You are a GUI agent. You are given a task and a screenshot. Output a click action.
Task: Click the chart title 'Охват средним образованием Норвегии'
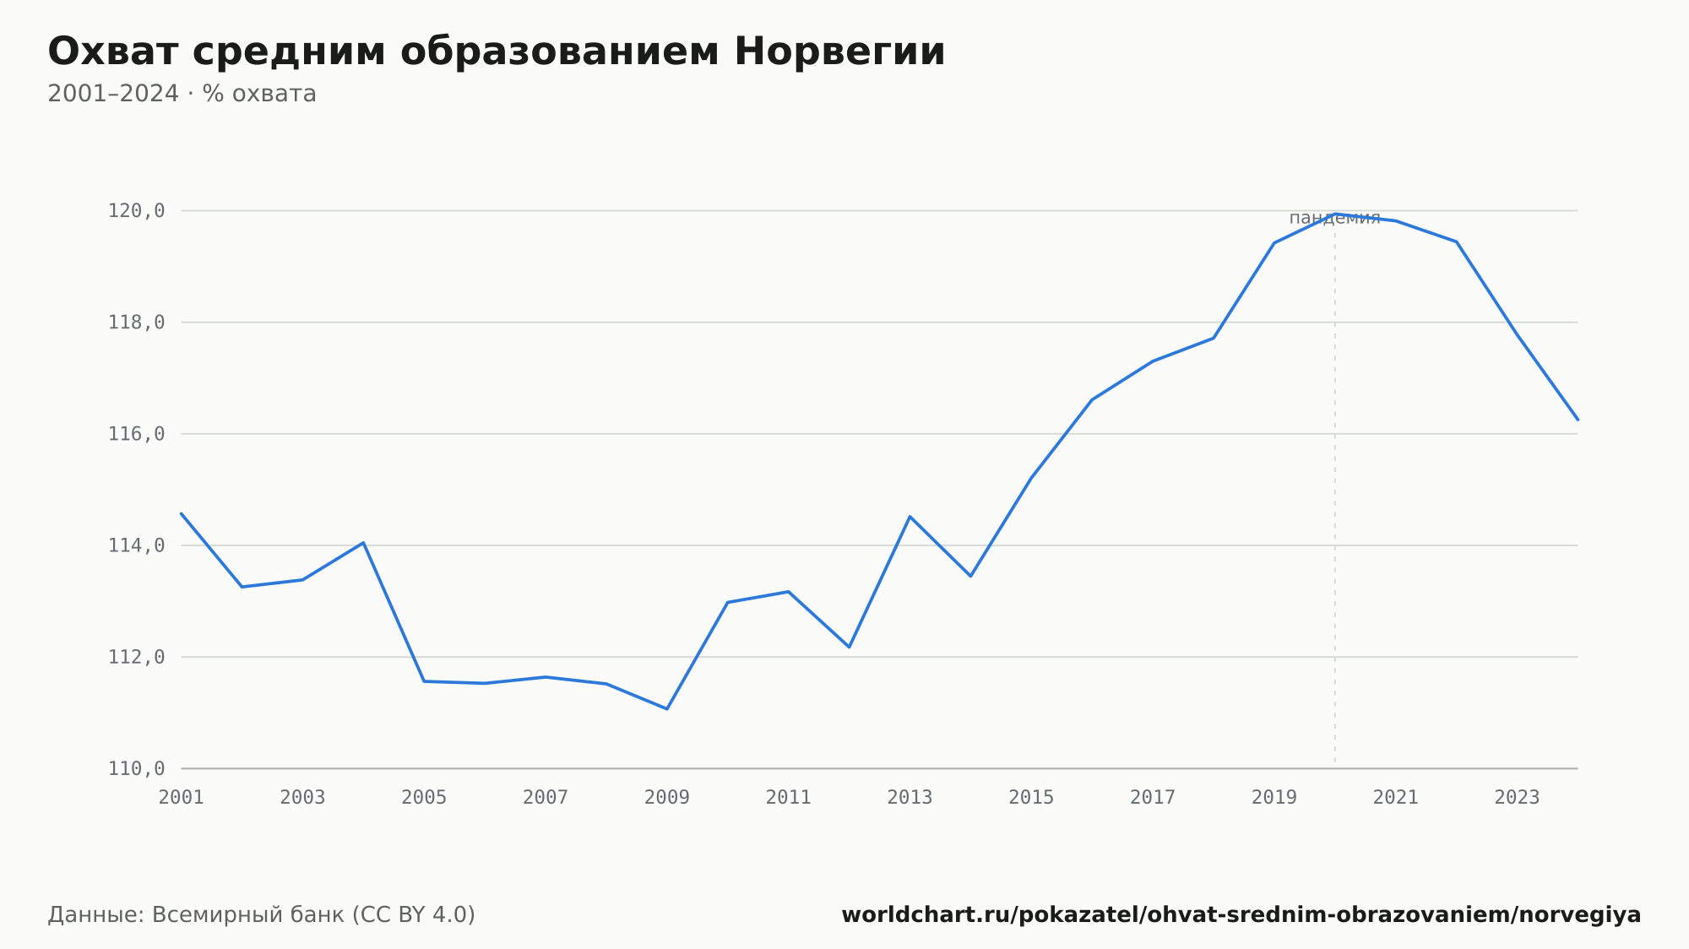[x=497, y=52]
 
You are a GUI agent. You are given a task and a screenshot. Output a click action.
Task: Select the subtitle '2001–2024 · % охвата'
[x=182, y=94]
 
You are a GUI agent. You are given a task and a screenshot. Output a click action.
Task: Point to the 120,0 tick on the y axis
[x=137, y=210]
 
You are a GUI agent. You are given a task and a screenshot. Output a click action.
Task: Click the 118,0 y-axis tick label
[x=137, y=323]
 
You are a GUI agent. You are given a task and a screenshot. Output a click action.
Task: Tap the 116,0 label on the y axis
[x=137, y=434]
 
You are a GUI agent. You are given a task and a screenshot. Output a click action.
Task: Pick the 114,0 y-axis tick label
[x=137, y=545]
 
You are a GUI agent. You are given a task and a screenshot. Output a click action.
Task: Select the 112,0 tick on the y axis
[x=137, y=657]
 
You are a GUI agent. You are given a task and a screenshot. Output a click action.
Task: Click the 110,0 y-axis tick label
[x=137, y=768]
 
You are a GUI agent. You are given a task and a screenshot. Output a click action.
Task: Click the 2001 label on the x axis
[x=182, y=798]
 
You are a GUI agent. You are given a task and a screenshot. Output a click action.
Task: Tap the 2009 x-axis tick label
[x=667, y=798]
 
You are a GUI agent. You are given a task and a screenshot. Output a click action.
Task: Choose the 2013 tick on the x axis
[x=910, y=798]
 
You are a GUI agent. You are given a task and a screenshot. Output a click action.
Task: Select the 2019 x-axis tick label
[x=1274, y=798]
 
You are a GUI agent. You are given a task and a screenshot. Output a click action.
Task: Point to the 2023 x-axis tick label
[x=1518, y=798]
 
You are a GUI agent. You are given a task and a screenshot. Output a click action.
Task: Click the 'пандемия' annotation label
[x=1334, y=219]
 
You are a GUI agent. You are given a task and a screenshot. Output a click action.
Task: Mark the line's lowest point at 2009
[x=667, y=708]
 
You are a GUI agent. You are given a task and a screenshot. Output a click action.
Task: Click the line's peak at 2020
[x=1335, y=214]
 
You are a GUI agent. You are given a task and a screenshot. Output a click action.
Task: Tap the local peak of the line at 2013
[x=910, y=516]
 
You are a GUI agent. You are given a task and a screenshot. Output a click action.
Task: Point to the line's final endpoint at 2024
[x=1577, y=419]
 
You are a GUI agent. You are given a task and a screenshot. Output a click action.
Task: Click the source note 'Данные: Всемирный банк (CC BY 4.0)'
[x=262, y=915]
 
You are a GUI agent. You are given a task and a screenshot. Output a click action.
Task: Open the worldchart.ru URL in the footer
[x=1241, y=915]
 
